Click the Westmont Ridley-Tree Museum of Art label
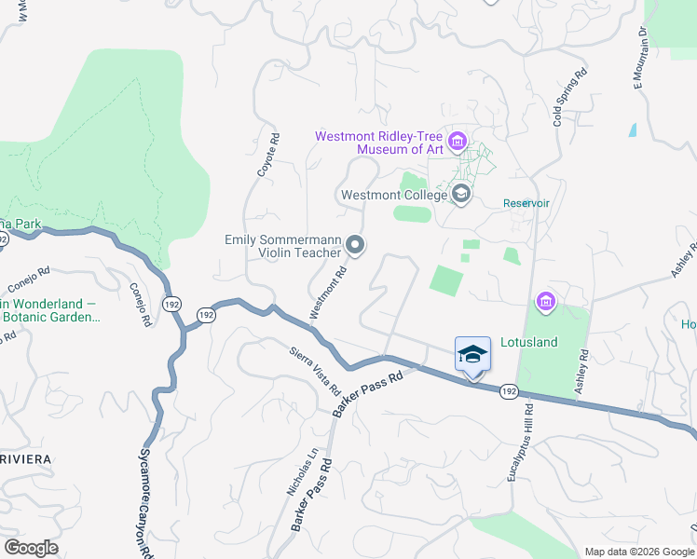click(379, 143)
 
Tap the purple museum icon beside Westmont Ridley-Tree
click(457, 143)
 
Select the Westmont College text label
click(392, 196)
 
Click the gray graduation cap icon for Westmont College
click(460, 195)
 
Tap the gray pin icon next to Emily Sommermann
click(355, 245)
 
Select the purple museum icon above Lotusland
click(545, 302)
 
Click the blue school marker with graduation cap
click(472, 354)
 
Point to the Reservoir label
click(526, 203)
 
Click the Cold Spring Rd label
click(569, 96)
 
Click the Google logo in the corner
click(31, 548)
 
